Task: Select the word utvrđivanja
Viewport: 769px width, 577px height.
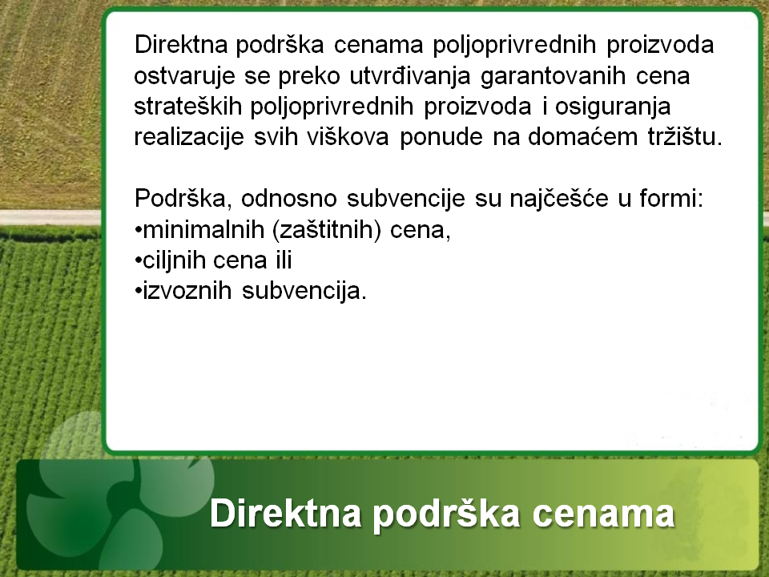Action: [x=410, y=75]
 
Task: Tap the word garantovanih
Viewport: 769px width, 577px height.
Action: [x=553, y=76]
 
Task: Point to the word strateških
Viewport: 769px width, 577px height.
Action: [x=187, y=107]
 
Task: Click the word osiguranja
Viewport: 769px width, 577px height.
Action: [x=613, y=107]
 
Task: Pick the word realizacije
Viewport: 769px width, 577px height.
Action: [x=189, y=138]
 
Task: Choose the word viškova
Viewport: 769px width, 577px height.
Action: [x=348, y=137]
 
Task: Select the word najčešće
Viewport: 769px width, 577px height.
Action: [x=559, y=200]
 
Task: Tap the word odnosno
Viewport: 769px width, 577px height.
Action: [x=289, y=199]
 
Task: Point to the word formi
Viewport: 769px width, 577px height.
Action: [x=671, y=199]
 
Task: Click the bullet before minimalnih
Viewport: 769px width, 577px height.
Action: [x=138, y=230]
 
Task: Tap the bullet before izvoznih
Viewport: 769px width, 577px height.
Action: [x=138, y=292]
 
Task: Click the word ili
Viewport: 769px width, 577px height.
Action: [x=281, y=260]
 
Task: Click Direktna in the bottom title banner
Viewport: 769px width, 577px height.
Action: [x=285, y=513]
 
